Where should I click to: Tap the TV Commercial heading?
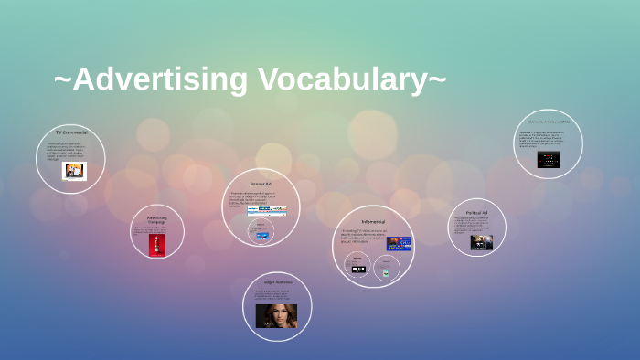point(70,132)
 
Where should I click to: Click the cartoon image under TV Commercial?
point(74,171)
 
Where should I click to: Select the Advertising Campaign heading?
point(156,219)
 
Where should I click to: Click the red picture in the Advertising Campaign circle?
point(156,244)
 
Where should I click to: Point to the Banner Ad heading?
point(261,184)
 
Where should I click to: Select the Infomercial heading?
point(373,221)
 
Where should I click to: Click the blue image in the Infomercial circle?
point(399,243)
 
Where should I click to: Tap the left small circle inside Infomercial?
point(358,266)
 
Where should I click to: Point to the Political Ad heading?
point(477,212)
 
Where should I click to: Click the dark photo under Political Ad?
point(481,242)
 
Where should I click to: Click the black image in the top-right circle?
point(549,159)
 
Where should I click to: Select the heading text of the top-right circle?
point(548,122)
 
